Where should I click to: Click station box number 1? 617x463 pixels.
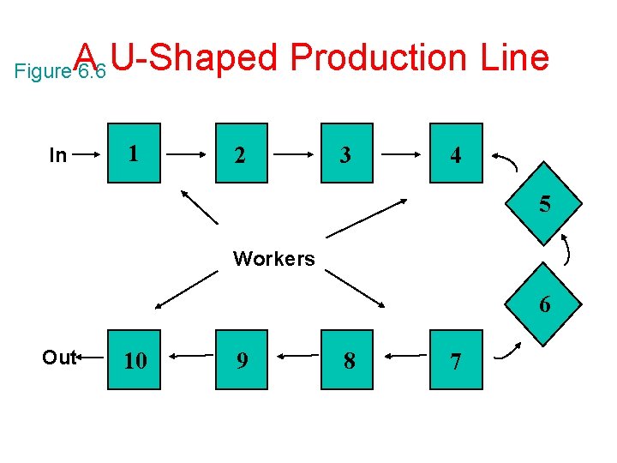tap(135, 154)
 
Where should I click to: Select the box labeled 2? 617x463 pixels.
tap(241, 154)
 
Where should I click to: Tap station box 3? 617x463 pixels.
tap(347, 154)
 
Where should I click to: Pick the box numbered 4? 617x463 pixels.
tap(455, 154)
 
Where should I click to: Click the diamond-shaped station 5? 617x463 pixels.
tap(544, 205)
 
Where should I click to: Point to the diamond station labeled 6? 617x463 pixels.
tap(544, 304)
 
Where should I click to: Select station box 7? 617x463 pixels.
tap(455, 361)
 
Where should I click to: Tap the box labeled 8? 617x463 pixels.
tap(349, 361)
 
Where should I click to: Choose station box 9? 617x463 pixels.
tap(243, 361)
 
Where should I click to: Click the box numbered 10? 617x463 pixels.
tap(135, 361)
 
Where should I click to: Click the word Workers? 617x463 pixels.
tap(274, 259)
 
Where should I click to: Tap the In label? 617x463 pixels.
tap(57, 156)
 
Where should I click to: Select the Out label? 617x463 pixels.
tap(58, 358)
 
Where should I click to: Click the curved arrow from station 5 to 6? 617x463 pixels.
tap(567, 250)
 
